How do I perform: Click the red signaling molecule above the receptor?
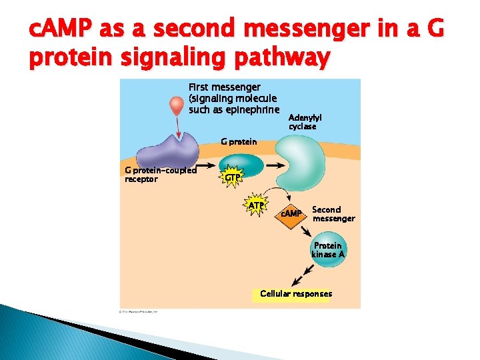pos(175,106)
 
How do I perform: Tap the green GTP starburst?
pos(231,177)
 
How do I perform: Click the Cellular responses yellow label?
pos(295,294)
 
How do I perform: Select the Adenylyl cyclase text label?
pos(305,122)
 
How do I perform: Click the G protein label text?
pos(239,141)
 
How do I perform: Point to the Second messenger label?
pos(333,214)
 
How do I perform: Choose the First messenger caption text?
pos(233,98)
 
